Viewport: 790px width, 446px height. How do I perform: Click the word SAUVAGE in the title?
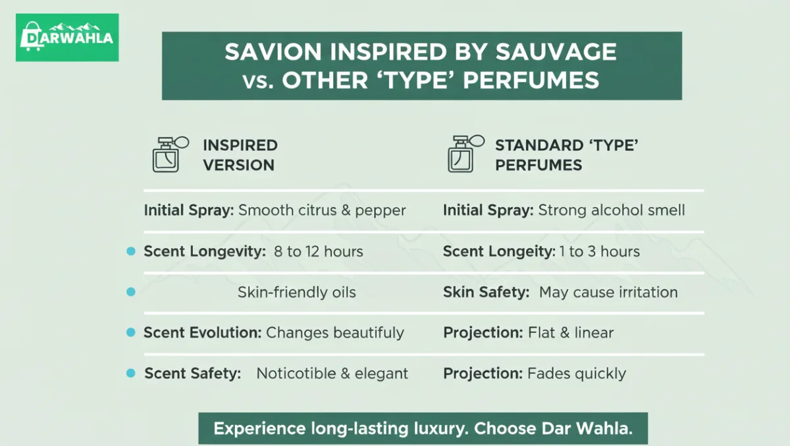557,52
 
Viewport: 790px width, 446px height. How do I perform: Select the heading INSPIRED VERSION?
240,155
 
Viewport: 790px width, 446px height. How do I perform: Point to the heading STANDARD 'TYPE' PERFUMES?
566,155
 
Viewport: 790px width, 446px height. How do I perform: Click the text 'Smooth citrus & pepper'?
322,211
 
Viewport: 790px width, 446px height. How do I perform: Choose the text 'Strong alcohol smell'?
612,211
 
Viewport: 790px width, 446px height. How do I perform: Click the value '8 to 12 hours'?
318,251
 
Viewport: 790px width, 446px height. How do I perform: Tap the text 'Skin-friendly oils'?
296,292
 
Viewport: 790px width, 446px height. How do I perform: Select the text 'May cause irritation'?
608,292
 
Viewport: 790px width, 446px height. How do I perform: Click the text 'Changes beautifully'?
335,333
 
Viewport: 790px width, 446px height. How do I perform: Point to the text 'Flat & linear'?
571,333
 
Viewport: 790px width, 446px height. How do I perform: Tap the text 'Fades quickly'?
577,374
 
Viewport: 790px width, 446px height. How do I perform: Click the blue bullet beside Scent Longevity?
131,251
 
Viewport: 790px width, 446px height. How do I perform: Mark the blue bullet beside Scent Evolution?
131,333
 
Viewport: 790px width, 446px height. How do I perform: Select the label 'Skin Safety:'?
486,292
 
